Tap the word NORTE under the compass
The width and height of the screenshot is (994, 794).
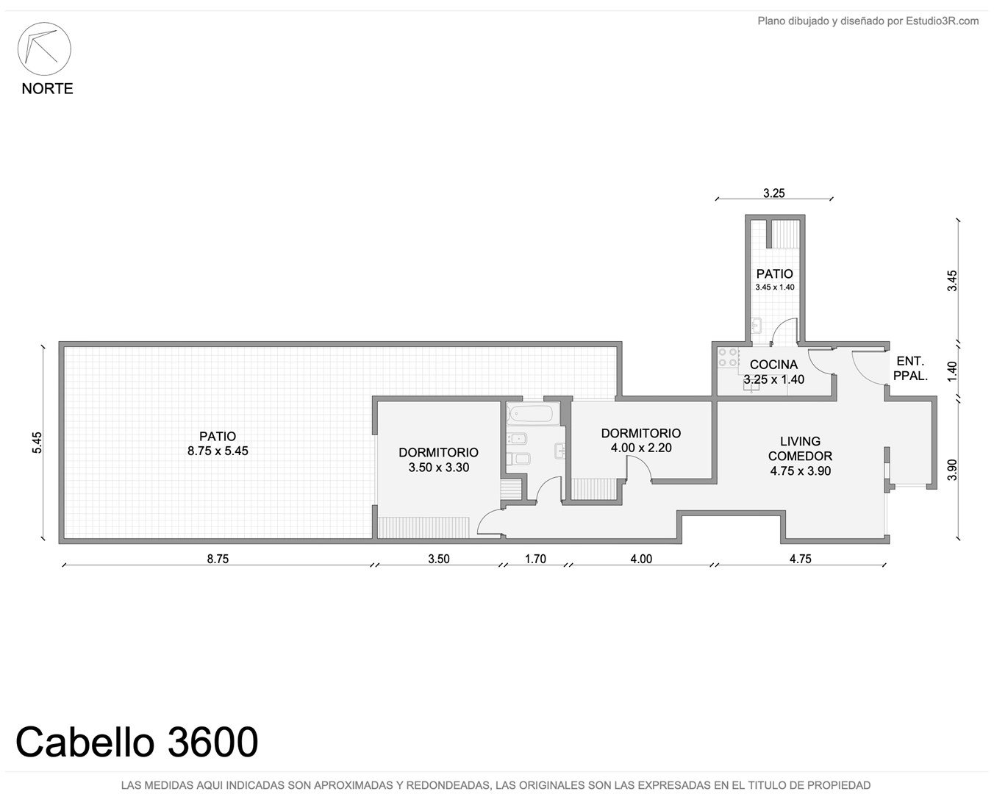click(x=47, y=89)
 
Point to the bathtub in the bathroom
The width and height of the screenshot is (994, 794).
click(x=533, y=413)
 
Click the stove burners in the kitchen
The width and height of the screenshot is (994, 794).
click(x=727, y=357)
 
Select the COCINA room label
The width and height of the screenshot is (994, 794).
click(x=773, y=365)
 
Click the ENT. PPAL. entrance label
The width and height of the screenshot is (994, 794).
click(x=910, y=368)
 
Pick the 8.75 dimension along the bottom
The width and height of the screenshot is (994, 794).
click(x=218, y=559)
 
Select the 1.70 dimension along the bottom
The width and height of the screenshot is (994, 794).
click(x=535, y=559)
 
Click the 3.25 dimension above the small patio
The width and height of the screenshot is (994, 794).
click(x=773, y=193)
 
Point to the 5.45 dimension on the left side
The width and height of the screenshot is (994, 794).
click(x=37, y=443)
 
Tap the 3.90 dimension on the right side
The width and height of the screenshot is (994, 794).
click(x=952, y=470)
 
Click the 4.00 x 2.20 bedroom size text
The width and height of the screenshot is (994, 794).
click(x=641, y=448)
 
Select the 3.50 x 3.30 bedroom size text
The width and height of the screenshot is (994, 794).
click(x=439, y=468)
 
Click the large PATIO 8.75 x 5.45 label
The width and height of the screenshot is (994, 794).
click(x=218, y=443)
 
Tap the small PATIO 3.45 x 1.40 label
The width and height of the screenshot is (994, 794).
click(x=775, y=279)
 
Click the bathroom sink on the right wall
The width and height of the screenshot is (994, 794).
click(x=560, y=451)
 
